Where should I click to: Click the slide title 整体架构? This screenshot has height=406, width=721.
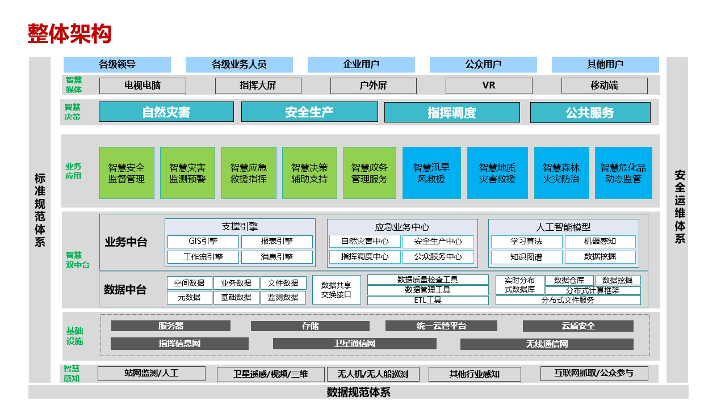point(69,33)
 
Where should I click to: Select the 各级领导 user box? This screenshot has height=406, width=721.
point(117,64)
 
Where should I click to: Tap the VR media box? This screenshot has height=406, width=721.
point(489,86)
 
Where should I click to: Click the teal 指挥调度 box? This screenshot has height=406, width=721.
point(452,112)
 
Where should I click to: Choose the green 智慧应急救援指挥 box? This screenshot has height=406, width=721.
point(249,173)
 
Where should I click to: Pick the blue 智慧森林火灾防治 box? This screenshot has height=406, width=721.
point(561,173)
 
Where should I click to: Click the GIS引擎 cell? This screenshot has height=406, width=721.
point(203,242)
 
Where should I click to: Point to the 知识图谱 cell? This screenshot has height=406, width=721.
point(526,257)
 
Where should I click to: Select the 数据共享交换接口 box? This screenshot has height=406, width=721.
point(336,290)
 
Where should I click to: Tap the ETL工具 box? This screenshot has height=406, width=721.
point(427,300)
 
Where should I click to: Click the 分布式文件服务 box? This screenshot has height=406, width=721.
point(568,300)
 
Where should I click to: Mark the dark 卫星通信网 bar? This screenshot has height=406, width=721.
point(354,344)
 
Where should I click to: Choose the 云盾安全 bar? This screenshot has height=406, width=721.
point(578,326)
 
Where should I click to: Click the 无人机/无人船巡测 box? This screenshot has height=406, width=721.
point(373,374)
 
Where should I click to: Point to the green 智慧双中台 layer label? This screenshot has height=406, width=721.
point(78,260)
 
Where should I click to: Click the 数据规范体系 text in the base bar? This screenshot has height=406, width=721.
point(359,392)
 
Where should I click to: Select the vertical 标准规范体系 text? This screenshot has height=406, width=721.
point(40,210)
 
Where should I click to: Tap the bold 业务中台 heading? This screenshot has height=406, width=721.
point(126,242)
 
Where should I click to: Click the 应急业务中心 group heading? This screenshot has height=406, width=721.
point(402,227)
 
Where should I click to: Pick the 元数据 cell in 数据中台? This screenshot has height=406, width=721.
point(189,297)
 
